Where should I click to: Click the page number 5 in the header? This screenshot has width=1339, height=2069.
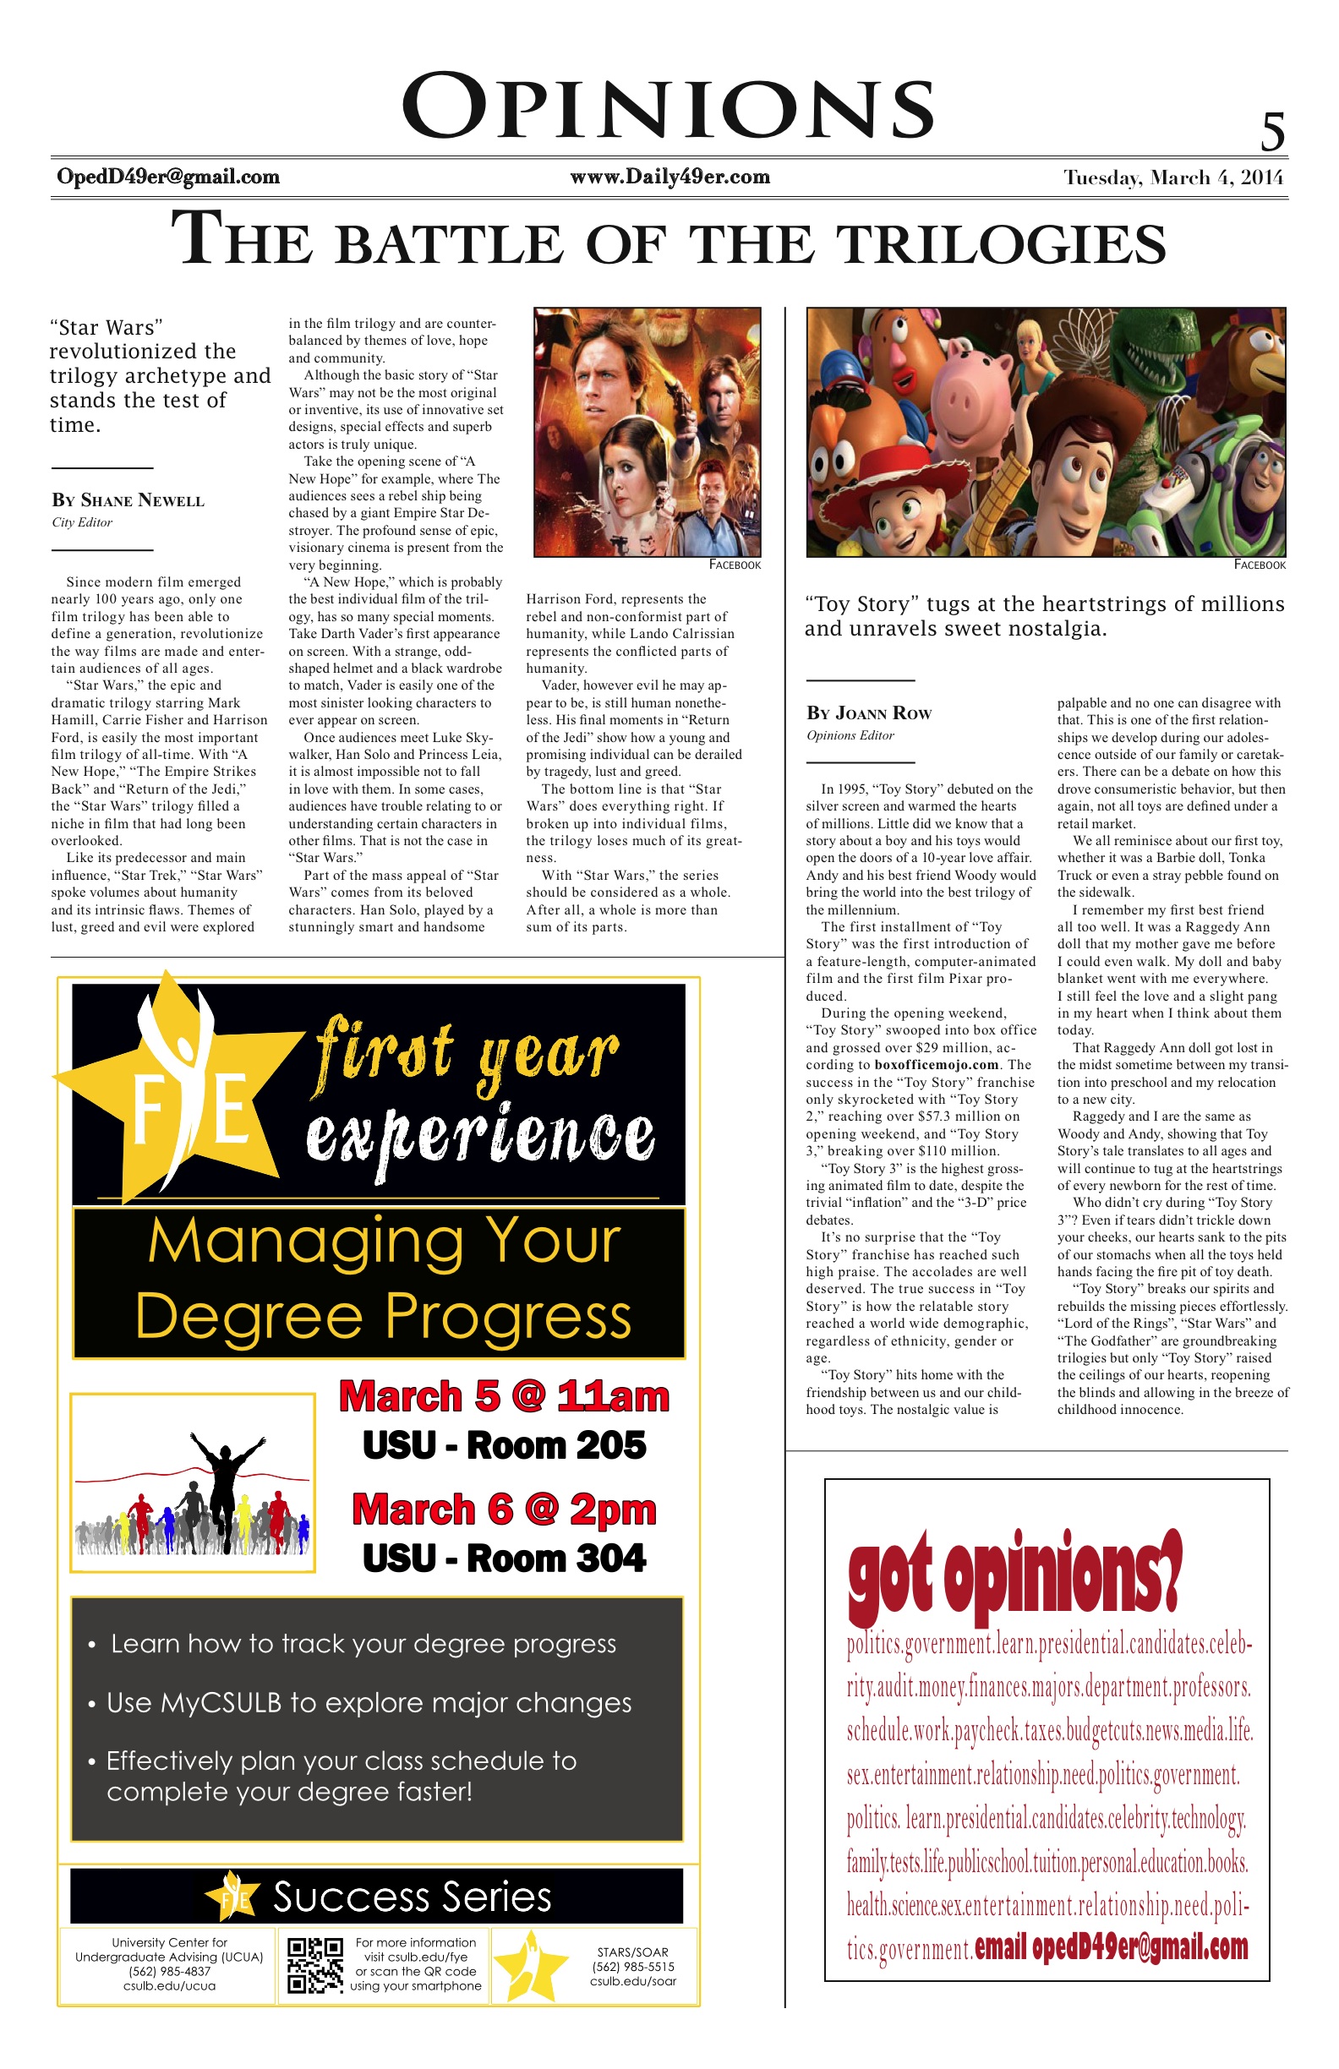pyautogui.click(x=1272, y=133)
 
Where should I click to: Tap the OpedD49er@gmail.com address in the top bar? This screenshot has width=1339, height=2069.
pyautogui.click(x=168, y=177)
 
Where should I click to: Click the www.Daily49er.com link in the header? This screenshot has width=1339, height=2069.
pyautogui.click(x=669, y=177)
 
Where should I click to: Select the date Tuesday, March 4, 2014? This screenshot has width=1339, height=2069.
pyautogui.click(x=1173, y=178)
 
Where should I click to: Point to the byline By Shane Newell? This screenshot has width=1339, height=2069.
pyautogui.click(x=128, y=500)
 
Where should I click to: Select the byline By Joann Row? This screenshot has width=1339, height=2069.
pyautogui.click(x=869, y=713)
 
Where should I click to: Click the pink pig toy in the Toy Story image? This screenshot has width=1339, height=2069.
pyautogui.click(x=960, y=387)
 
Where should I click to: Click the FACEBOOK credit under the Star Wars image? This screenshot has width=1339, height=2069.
pyautogui.click(x=735, y=565)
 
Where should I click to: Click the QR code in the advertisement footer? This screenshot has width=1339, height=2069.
pyautogui.click(x=314, y=1965)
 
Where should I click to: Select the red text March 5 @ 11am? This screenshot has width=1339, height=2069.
pyautogui.click(x=505, y=1397)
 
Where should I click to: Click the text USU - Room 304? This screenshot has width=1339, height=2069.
pyautogui.click(x=505, y=1558)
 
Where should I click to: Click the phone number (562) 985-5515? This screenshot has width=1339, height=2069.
pyautogui.click(x=632, y=1967)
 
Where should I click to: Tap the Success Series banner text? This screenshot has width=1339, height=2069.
pyautogui.click(x=412, y=1897)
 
